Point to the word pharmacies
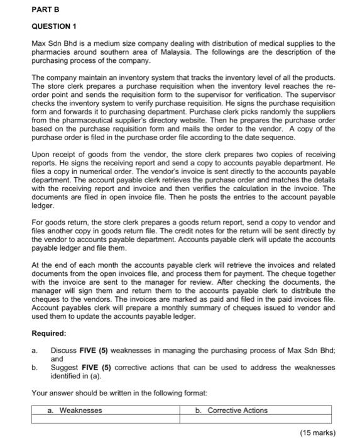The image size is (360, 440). coord(52,52)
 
